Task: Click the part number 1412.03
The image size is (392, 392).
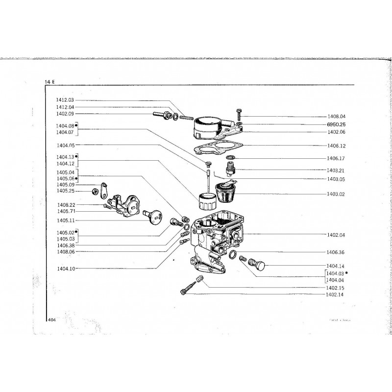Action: point(65,100)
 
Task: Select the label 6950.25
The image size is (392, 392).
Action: point(336,124)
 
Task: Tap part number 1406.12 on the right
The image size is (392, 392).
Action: point(336,146)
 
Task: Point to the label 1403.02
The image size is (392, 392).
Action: point(336,194)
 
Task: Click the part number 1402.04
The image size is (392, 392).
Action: point(336,235)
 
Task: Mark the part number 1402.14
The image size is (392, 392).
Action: point(335,294)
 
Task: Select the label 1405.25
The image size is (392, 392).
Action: point(65,191)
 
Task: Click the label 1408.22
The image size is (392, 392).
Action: point(65,204)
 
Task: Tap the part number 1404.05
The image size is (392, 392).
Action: point(65,145)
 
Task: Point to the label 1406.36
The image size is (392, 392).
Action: point(336,252)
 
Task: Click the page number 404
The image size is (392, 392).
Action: point(52,319)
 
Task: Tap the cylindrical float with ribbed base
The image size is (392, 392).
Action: point(206,202)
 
